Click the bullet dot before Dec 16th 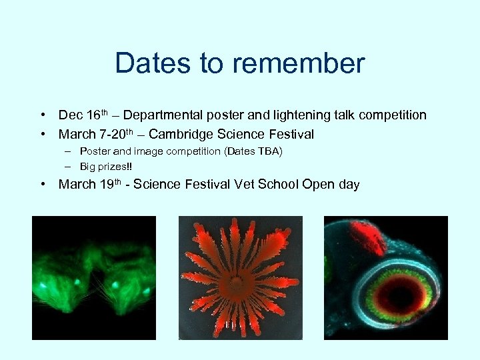point(43,115)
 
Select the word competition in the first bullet point(393,115)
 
